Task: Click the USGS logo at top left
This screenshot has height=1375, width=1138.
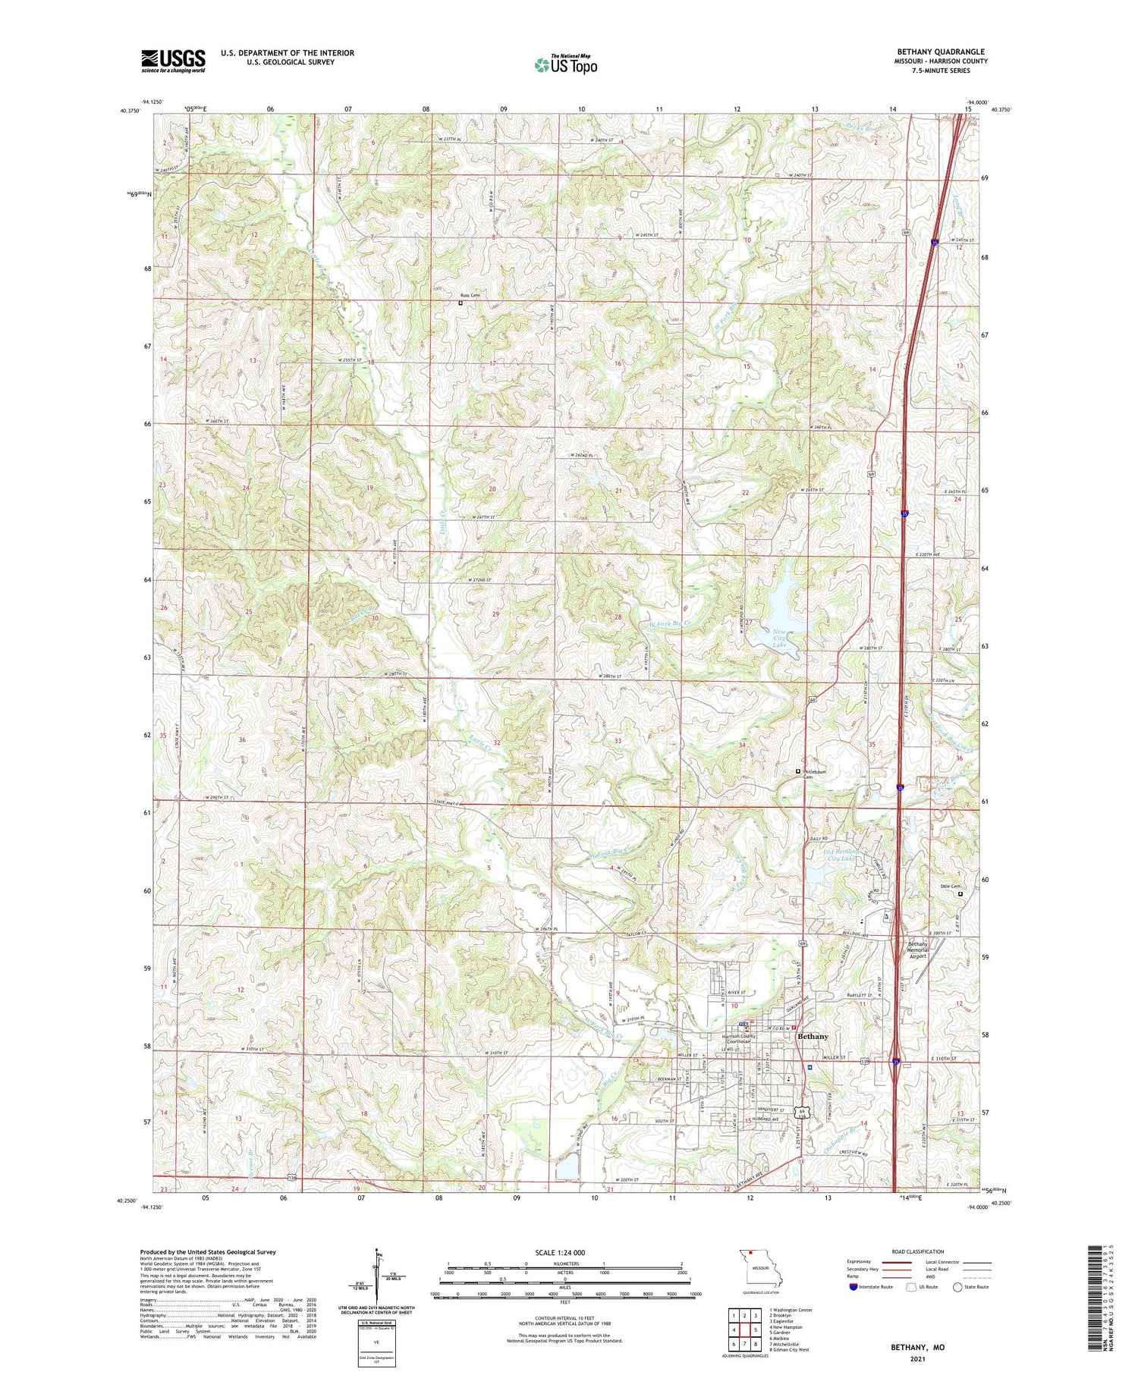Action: pyautogui.click(x=173, y=61)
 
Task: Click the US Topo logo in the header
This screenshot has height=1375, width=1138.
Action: pyautogui.click(x=566, y=64)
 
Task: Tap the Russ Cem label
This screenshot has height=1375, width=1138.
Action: pyautogui.click(x=470, y=295)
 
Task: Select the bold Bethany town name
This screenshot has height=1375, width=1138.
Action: pyautogui.click(x=813, y=1036)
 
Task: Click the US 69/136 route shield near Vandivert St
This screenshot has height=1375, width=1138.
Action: pyautogui.click(x=803, y=1113)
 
